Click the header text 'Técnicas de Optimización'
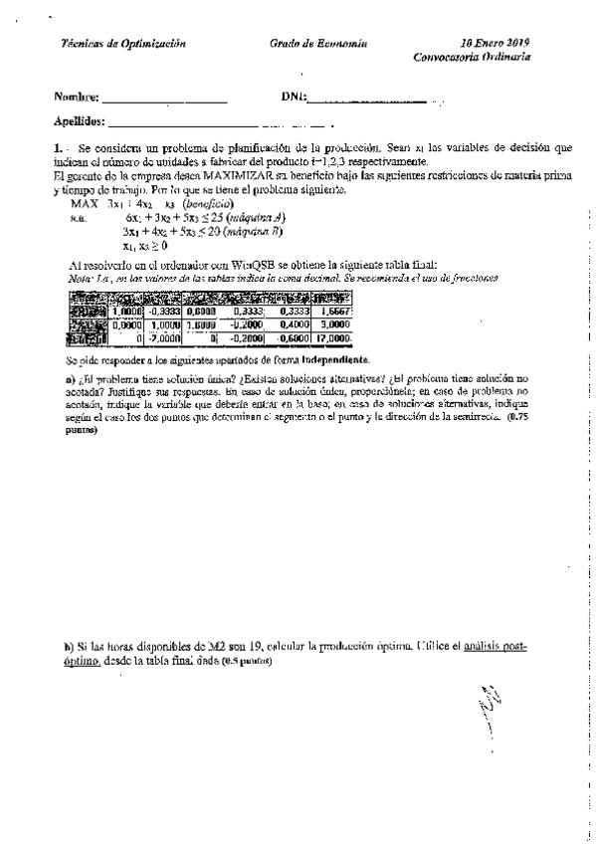click(x=123, y=44)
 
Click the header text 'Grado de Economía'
click(x=318, y=44)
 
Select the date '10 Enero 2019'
click(x=496, y=44)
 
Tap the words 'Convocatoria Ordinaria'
click(x=473, y=58)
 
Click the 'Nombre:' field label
click(x=77, y=98)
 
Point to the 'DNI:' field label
click(x=295, y=98)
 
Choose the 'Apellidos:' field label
click(x=81, y=122)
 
